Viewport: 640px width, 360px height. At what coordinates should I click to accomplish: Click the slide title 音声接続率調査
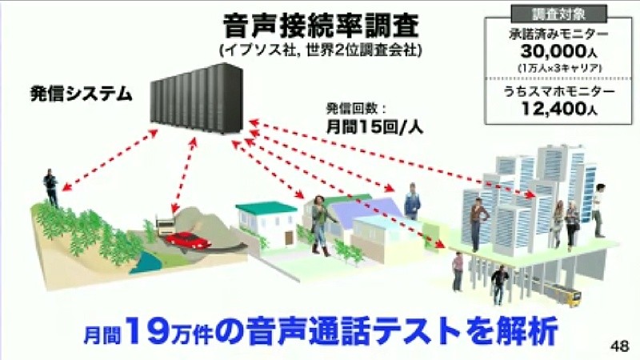[x=321, y=25]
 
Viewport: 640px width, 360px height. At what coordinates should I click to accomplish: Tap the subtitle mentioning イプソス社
[x=321, y=50]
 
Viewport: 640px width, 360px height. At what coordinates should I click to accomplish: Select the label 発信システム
[x=82, y=94]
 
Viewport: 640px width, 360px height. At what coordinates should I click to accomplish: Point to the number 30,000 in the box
[x=553, y=51]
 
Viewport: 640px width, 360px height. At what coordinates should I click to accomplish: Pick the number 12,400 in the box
[x=554, y=109]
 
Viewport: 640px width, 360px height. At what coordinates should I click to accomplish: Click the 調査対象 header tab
[x=559, y=14]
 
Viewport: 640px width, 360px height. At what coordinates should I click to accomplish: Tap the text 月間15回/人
[x=374, y=127]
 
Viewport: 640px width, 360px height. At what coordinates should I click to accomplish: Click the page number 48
[x=619, y=346]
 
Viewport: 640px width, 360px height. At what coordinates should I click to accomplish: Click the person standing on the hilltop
[x=50, y=188]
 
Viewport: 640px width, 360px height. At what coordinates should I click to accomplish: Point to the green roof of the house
[x=266, y=208]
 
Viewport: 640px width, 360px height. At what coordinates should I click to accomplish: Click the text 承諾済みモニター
[x=558, y=34]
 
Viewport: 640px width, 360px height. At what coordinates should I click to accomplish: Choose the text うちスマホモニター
[x=558, y=91]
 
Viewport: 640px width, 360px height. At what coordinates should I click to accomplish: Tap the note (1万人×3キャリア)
[x=559, y=68]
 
